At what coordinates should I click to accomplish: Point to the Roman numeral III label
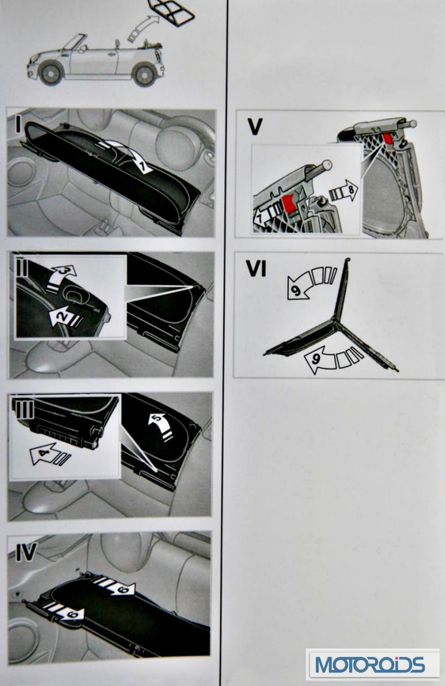click(x=22, y=408)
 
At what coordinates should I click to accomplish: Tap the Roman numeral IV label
click(x=26, y=552)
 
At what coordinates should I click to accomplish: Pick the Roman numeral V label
click(x=255, y=127)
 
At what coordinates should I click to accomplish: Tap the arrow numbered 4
click(x=49, y=455)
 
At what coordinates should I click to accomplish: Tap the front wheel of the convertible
click(x=51, y=73)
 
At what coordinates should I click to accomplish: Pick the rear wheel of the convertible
click(x=145, y=74)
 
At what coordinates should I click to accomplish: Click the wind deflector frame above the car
click(x=171, y=12)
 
